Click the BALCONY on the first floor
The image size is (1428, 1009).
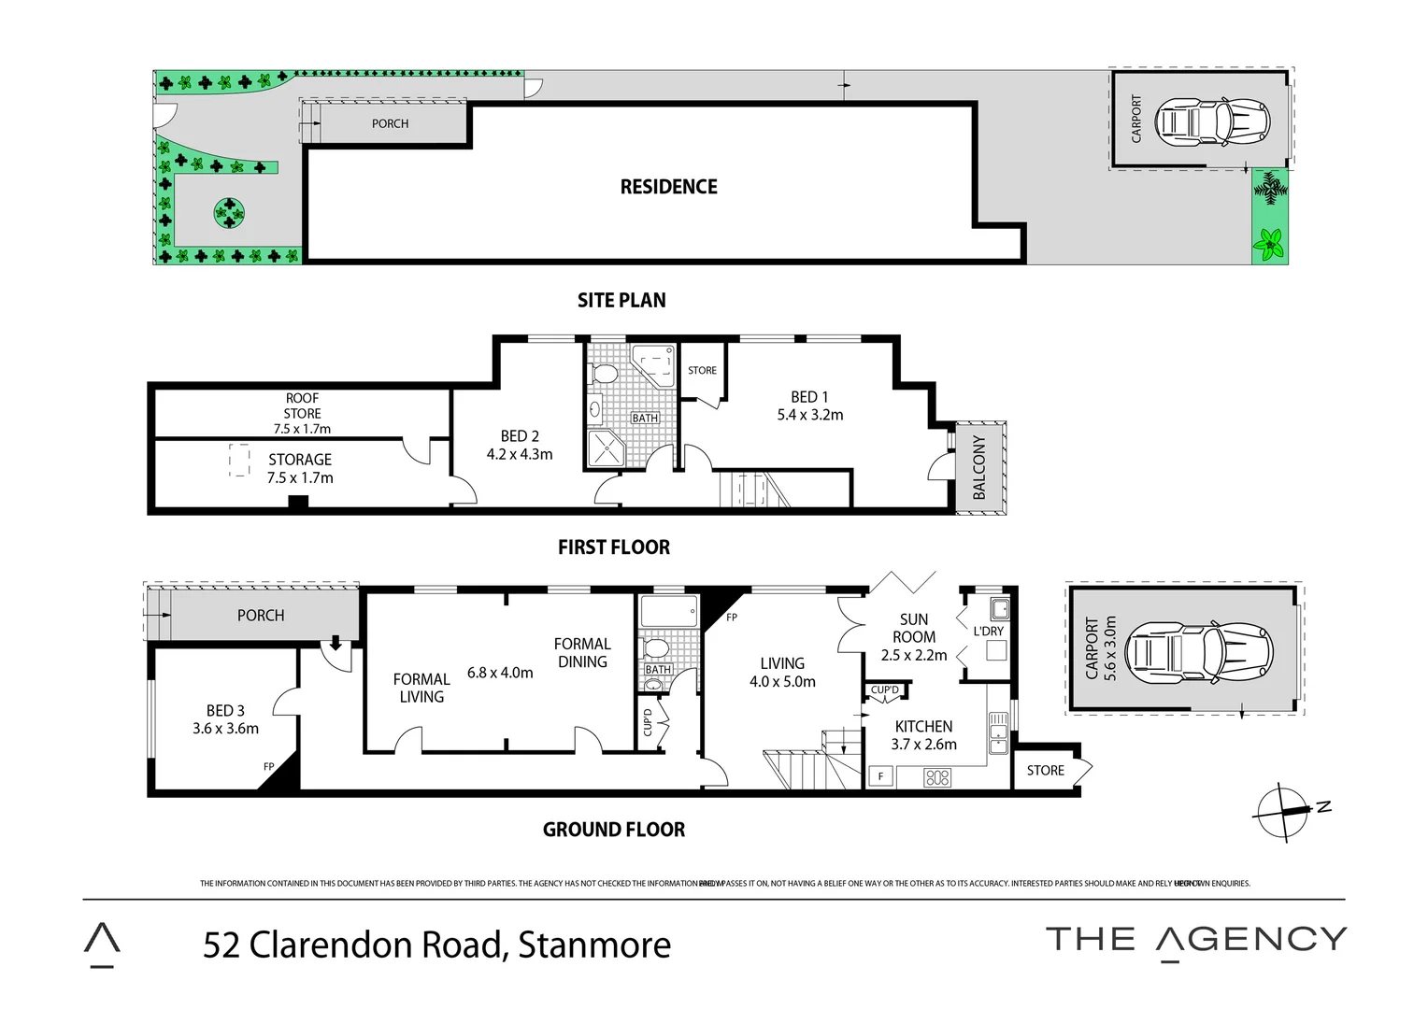pyautogui.click(x=979, y=467)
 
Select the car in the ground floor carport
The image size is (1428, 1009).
pyautogui.click(x=1198, y=650)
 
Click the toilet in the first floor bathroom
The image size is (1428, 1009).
pyautogui.click(x=605, y=374)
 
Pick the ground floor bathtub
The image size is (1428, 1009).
pyautogui.click(x=668, y=611)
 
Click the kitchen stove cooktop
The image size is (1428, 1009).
pyautogui.click(x=936, y=776)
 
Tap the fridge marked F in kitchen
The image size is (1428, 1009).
pyautogui.click(x=879, y=775)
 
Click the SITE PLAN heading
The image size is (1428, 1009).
pyautogui.click(x=621, y=300)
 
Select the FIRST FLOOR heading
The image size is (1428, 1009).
pyautogui.click(x=613, y=547)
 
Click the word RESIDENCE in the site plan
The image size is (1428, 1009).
pyautogui.click(x=668, y=187)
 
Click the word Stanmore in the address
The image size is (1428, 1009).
pyautogui.click(x=594, y=945)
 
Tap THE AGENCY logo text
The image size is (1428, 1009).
pyautogui.click(x=1195, y=940)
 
